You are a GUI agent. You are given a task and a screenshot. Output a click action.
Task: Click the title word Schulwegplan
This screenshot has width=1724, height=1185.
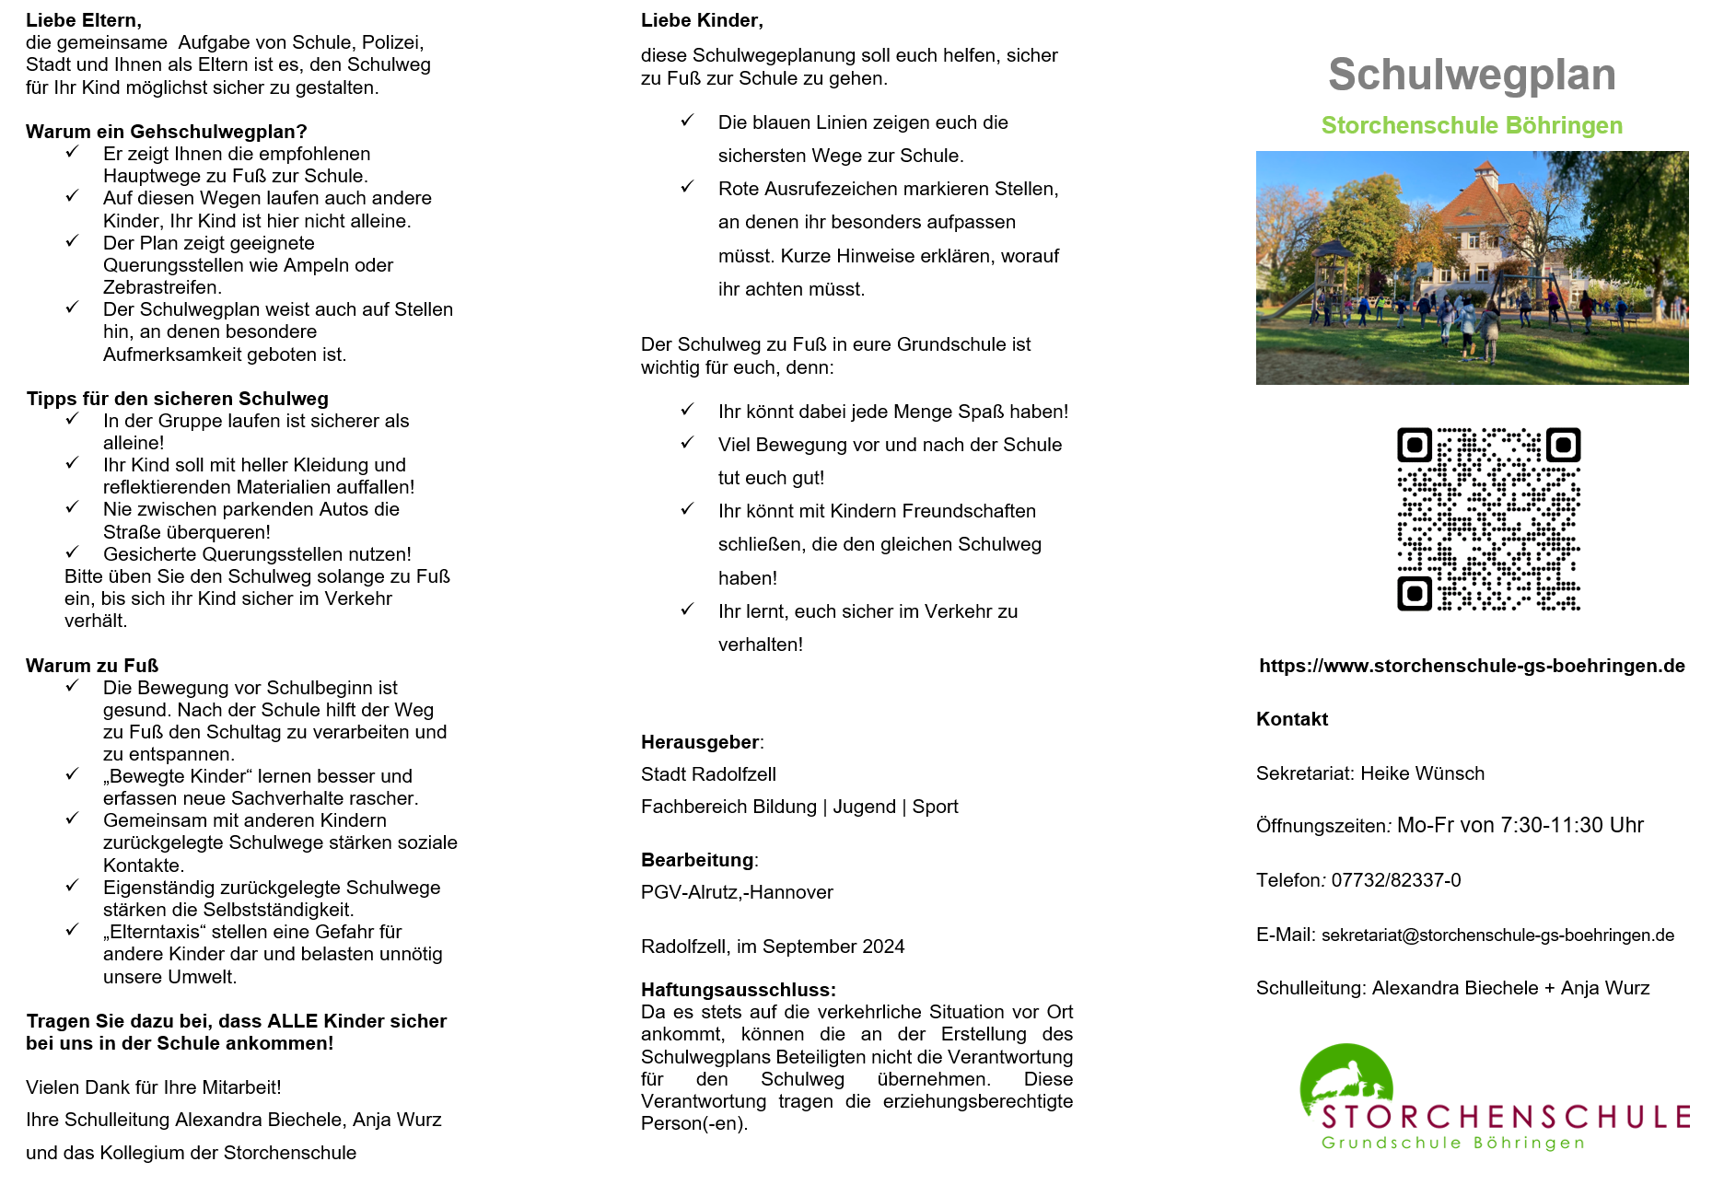(x=1472, y=75)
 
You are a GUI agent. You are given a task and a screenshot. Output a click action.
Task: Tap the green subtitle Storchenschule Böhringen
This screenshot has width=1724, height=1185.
(x=1472, y=125)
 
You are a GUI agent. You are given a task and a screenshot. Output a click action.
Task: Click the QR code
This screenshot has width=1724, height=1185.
(x=1488, y=518)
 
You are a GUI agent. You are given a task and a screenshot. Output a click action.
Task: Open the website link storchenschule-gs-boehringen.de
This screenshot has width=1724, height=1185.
(x=1472, y=666)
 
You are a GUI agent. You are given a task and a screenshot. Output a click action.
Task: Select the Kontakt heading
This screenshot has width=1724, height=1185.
(x=1291, y=719)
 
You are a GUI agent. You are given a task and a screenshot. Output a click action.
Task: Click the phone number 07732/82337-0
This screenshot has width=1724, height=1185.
(x=1395, y=880)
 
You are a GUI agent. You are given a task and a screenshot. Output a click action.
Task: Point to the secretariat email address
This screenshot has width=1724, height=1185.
(x=1497, y=935)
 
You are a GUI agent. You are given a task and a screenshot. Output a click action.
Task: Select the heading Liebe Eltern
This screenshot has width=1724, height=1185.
(x=84, y=20)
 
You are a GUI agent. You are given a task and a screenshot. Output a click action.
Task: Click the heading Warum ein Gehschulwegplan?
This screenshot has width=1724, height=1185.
(x=166, y=132)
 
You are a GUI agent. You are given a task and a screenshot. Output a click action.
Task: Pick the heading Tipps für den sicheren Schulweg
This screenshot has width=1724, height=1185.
(x=177, y=399)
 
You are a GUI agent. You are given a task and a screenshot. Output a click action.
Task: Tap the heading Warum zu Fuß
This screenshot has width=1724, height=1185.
(x=92, y=666)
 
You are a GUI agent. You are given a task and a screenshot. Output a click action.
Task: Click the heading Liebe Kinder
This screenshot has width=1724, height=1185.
(x=702, y=20)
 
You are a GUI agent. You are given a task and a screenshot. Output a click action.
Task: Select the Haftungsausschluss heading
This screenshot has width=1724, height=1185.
(x=738, y=990)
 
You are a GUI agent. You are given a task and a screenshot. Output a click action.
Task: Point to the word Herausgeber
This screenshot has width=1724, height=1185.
(x=700, y=742)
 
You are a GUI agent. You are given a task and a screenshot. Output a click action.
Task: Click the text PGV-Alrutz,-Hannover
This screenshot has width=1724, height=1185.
(x=737, y=892)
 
